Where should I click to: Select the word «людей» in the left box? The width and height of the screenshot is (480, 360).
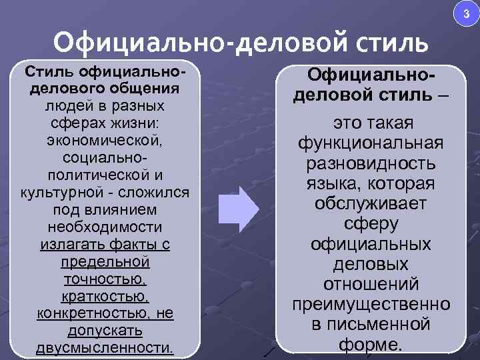(x=63, y=106)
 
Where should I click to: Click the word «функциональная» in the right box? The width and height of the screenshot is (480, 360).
(x=371, y=144)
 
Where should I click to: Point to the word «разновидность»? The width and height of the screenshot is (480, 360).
(x=371, y=165)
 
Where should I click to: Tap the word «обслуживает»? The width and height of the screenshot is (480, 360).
(x=371, y=205)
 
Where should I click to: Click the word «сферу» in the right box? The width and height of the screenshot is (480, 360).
(x=371, y=225)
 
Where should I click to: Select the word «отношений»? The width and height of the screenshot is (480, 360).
(x=371, y=285)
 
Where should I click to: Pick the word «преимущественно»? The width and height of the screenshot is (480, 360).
(x=371, y=305)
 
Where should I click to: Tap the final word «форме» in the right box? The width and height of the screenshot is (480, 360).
(x=369, y=345)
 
